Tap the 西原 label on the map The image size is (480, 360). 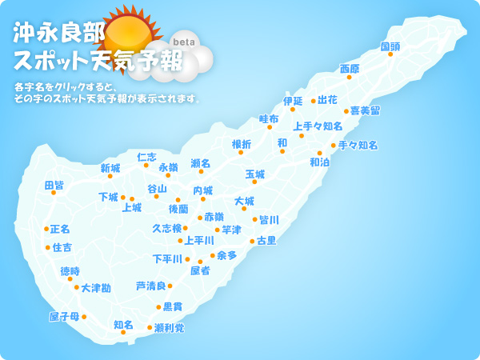(350, 69)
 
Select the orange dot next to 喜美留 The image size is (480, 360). (346, 111)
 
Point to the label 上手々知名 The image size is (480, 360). (318, 126)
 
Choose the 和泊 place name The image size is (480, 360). (319, 162)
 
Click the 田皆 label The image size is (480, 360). (54, 185)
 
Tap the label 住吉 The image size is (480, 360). (62, 247)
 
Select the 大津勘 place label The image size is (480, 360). (96, 287)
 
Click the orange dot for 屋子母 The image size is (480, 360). (84, 317)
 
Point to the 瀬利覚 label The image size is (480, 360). (169, 327)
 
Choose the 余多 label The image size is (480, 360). (226, 255)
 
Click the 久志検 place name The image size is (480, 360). (167, 228)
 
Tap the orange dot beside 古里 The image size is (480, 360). (252, 241)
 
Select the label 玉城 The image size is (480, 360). (254, 174)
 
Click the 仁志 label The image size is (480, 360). (147, 157)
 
